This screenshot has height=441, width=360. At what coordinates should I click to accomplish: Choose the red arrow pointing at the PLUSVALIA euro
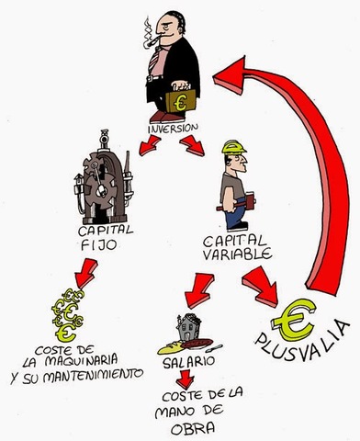tap(264, 288)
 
